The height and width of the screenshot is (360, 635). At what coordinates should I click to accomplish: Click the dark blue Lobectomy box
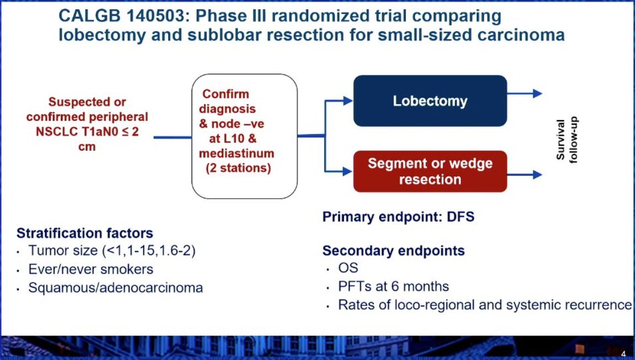pyautogui.click(x=430, y=101)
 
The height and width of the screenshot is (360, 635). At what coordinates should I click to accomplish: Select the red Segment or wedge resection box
pyautogui.click(x=430, y=171)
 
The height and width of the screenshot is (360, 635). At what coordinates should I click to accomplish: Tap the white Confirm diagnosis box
pyautogui.click(x=244, y=136)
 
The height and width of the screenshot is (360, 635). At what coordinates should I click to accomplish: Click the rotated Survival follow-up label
pyautogui.click(x=567, y=139)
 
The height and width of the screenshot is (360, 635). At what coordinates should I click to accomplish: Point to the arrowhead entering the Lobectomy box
pyautogui.click(x=348, y=101)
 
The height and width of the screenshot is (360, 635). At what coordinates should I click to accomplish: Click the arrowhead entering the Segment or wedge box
pyautogui.click(x=348, y=171)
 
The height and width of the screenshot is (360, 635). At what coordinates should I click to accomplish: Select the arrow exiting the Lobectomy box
pyautogui.click(x=524, y=94)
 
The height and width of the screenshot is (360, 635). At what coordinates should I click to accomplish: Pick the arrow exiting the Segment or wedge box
pyautogui.click(x=524, y=175)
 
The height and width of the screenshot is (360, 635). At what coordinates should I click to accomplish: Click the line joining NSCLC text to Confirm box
pyautogui.click(x=173, y=137)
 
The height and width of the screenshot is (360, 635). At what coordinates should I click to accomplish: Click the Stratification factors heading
pyautogui.click(x=85, y=233)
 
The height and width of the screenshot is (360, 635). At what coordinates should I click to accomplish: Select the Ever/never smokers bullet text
pyautogui.click(x=91, y=269)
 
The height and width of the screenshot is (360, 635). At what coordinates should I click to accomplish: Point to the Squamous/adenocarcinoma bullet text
pyautogui.click(x=115, y=288)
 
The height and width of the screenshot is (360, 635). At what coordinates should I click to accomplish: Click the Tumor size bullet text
pyautogui.click(x=112, y=251)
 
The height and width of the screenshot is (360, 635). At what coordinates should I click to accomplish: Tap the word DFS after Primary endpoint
pyautogui.click(x=460, y=217)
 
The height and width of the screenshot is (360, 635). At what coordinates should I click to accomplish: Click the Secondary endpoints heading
pyautogui.click(x=394, y=251)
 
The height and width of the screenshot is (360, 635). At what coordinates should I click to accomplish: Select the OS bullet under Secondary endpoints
pyautogui.click(x=348, y=268)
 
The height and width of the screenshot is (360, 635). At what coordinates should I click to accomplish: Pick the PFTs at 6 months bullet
pyautogui.click(x=394, y=287)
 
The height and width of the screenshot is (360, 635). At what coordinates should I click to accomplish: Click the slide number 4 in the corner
pyautogui.click(x=623, y=354)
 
